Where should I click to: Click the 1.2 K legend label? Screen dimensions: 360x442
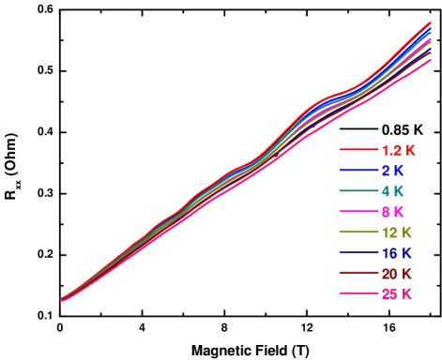pyautogui.click(x=398, y=150)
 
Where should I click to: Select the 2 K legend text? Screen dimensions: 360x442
pyautogui.click(x=392, y=171)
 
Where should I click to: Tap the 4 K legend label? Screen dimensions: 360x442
pyautogui.click(x=392, y=191)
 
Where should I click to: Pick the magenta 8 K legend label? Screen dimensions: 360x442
pyautogui.click(x=392, y=212)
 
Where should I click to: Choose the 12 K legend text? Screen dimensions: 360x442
pyautogui.click(x=396, y=232)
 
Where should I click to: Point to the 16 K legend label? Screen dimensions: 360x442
pyautogui.click(x=396, y=253)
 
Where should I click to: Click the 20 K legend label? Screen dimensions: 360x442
pyautogui.click(x=396, y=274)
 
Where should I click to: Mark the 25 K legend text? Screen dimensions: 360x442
pyautogui.click(x=396, y=294)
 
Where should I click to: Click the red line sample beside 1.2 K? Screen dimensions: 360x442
pyautogui.click(x=358, y=150)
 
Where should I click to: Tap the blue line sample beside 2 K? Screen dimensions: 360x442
pyautogui.click(x=358, y=171)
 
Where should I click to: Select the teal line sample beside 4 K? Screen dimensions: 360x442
pyautogui.click(x=358, y=191)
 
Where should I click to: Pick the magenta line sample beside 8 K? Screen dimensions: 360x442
pyautogui.click(x=358, y=212)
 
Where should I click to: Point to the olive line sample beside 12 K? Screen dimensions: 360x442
pyautogui.click(x=358, y=232)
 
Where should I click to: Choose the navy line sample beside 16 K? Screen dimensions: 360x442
pyautogui.click(x=358, y=253)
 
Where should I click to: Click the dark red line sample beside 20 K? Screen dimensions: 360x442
pyautogui.click(x=358, y=274)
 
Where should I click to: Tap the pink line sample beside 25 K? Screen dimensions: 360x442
pyautogui.click(x=358, y=294)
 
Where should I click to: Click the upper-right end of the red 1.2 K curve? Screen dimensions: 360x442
pyautogui.click(x=430, y=23)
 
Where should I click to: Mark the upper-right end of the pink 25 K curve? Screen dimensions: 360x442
pyautogui.click(x=430, y=61)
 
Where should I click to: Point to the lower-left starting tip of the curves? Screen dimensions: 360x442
pyautogui.click(x=62, y=299)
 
